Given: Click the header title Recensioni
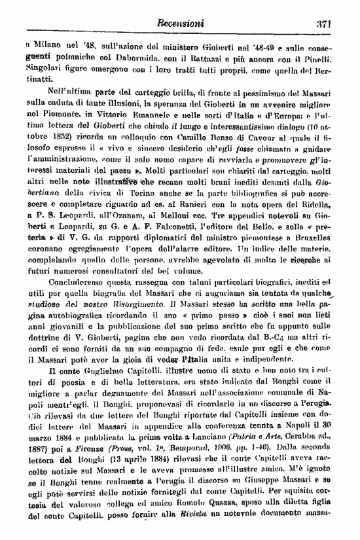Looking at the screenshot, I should (x=181, y=24).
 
